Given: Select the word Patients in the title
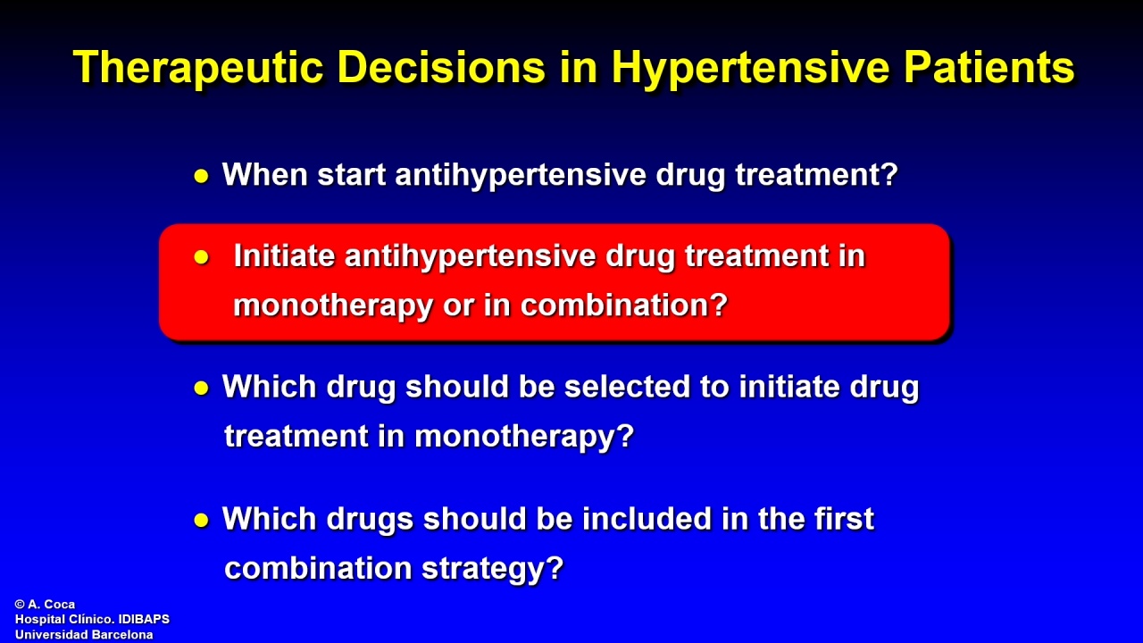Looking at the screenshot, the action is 989,67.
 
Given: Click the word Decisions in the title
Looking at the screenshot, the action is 442,67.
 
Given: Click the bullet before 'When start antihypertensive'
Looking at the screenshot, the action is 202,177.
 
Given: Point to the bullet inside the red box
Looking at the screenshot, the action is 202,257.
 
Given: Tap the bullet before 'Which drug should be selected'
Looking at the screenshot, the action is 202,388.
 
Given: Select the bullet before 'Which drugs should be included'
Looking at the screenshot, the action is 202,521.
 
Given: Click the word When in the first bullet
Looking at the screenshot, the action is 265,174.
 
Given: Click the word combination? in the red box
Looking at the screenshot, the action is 624,305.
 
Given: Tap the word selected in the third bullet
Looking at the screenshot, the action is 627,387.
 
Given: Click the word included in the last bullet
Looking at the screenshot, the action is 647,519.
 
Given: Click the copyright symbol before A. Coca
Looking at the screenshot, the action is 20,605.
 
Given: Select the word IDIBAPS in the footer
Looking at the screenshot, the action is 144,620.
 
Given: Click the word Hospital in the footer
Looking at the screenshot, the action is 37,620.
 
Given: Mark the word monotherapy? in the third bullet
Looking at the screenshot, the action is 524,438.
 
